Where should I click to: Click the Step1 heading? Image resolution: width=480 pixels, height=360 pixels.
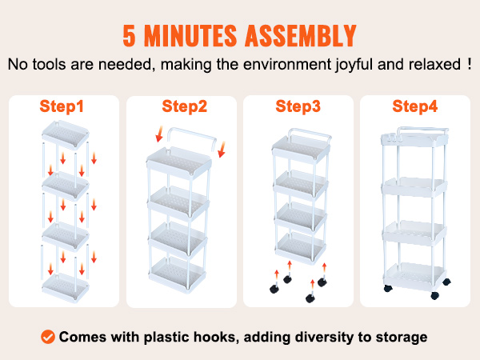point(62,106)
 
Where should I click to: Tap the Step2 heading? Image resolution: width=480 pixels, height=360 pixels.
point(184,106)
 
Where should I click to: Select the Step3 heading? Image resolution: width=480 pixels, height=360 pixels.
point(298,106)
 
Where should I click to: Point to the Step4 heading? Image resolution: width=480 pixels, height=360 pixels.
point(414,106)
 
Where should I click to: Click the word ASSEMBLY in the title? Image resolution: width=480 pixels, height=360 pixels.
point(301,35)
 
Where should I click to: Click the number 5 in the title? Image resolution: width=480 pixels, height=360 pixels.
point(129,35)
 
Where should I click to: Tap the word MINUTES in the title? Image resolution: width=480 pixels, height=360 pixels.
point(190,35)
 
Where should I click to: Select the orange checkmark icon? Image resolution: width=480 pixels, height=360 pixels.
point(48,337)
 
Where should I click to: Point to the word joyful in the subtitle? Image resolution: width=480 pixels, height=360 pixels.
point(354,65)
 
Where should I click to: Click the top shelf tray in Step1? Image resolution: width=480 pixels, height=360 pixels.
point(66,134)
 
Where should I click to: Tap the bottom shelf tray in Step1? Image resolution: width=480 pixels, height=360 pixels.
point(66,287)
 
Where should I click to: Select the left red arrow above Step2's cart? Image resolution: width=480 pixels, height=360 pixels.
point(159,134)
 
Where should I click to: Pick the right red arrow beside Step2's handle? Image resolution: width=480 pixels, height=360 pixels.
point(222,150)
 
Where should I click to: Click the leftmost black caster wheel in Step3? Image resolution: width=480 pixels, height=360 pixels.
point(274,289)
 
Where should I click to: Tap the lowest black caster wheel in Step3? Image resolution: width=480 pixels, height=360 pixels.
point(310,298)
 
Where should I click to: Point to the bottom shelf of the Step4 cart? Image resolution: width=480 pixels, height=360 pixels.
point(414,274)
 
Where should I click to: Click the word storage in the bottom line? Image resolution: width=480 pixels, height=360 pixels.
point(402,338)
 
